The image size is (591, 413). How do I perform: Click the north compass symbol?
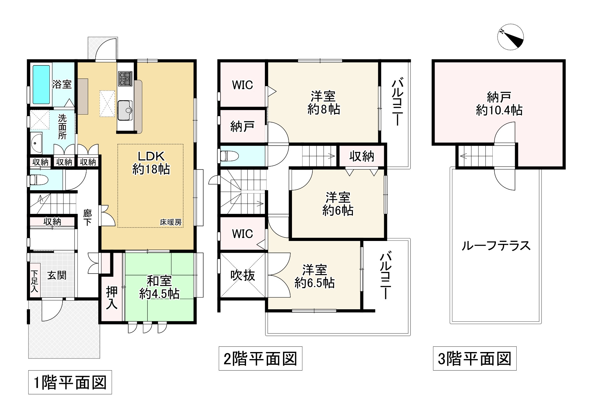pos(511,38)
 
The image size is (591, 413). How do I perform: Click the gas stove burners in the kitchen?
pos(125,79)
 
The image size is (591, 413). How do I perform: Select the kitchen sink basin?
pos(125,110)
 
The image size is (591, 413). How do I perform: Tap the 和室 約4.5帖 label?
pos(159,287)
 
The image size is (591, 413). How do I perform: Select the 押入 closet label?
pos(112,297)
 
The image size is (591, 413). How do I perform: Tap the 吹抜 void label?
pos(243,275)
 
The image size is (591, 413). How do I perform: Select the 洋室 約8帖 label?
pos(323,103)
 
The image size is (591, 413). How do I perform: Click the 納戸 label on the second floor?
pos(242,126)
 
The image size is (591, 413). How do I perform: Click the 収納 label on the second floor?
pos(362,156)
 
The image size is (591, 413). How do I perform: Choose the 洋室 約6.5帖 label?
pos(314,276)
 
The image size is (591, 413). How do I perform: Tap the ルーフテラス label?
pos(496,246)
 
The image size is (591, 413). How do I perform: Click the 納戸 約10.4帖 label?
pos(499,103)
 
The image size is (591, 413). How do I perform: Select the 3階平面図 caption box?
pos(474,358)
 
